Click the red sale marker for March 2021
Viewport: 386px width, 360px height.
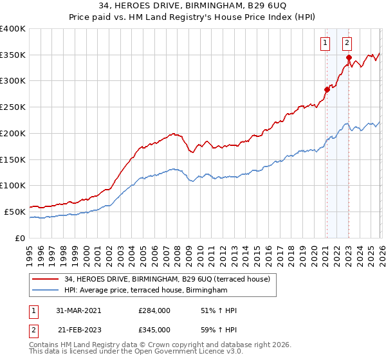pos(327,89)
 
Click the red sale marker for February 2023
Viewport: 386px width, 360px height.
pos(349,57)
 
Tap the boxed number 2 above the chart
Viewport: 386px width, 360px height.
pos(347,43)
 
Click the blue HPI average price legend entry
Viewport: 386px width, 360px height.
pos(146,291)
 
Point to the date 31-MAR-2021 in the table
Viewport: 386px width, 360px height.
pos(78,310)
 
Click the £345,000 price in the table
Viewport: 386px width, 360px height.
pos(154,330)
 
